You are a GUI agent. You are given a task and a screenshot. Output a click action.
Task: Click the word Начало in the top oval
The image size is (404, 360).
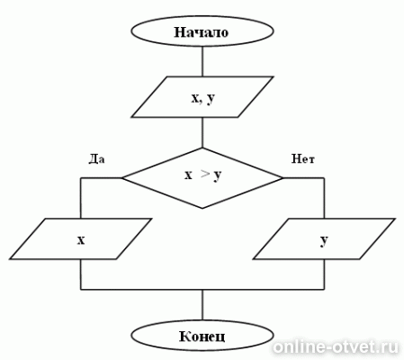202,32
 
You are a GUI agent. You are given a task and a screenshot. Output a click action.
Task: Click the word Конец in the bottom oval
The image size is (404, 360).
202,337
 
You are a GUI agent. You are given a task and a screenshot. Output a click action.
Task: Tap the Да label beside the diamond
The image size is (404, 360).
96,159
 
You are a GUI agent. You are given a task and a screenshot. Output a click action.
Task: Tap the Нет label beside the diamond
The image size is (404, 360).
303,158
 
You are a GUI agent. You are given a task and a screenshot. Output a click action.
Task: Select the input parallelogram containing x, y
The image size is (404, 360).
202,97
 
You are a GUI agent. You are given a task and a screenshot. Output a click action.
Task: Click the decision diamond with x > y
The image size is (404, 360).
202,178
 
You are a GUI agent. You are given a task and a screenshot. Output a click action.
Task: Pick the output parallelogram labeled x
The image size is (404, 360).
80,238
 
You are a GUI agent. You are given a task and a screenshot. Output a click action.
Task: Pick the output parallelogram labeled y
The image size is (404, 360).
324,238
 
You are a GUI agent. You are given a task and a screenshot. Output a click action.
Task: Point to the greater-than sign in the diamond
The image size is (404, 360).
204,174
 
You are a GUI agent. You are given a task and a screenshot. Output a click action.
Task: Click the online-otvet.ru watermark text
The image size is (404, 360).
336,347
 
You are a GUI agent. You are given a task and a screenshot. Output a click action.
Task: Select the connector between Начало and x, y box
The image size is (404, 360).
202,61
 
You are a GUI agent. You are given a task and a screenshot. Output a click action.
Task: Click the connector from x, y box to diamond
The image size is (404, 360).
202,132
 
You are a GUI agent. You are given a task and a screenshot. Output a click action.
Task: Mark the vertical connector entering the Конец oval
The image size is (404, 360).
202,305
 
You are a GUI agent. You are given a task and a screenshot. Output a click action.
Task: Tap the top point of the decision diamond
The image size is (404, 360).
202,148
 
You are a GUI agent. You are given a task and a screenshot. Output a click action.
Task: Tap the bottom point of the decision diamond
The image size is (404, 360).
202,209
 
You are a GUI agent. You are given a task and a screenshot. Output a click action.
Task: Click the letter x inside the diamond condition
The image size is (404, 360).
188,175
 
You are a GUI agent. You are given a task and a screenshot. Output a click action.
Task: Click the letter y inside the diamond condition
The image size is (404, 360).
218,175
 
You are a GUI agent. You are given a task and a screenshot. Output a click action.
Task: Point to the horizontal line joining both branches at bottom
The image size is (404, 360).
202,290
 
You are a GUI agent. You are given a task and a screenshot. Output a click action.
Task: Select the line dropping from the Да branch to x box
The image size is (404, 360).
81,198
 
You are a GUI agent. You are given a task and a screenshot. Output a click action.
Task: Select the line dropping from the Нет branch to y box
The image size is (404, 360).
324,198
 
